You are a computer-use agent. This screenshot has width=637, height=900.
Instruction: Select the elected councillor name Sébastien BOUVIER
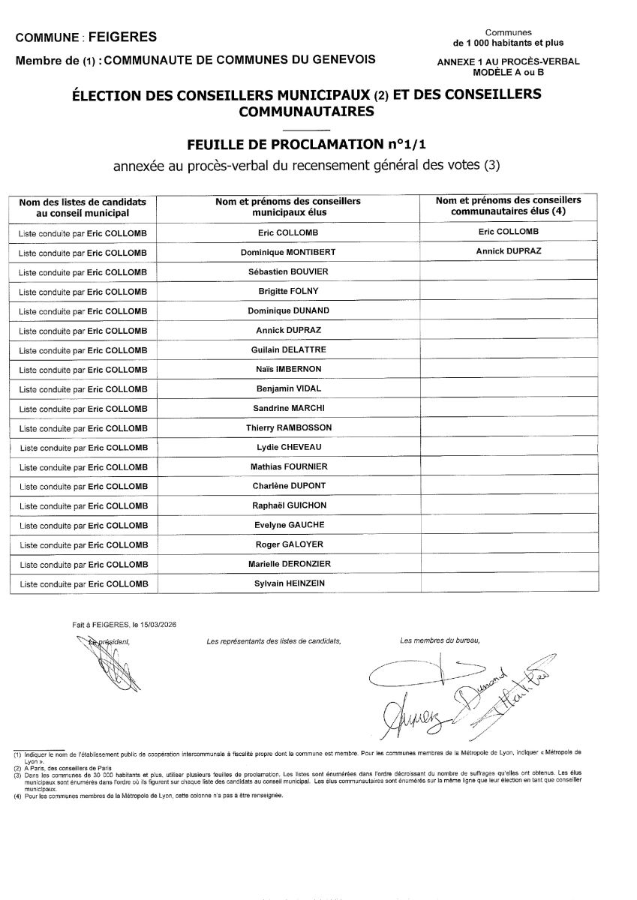pyautogui.click(x=287, y=271)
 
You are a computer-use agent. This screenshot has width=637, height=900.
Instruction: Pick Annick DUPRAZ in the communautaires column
pyautogui.click(x=508, y=251)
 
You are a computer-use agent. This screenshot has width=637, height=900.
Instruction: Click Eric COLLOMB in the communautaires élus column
pyautogui.click(x=508, y=232)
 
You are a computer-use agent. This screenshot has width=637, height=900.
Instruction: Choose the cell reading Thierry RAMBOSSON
pyautogui.click(x=288, y=427)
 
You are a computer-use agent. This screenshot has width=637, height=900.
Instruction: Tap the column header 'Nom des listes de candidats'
pyautogui.click(x=83, y=202)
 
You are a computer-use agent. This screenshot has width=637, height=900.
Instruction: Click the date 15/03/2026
pyautogui.click(x=155, y=624)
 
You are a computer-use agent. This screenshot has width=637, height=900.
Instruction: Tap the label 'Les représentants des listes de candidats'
pyautogui.click(x=273, y=641)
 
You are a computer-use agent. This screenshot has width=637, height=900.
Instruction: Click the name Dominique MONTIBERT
pyautogui.click(x=287, y=251)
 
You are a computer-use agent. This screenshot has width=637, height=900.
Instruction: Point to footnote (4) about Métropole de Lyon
pyautogui.click(x=150, y=796)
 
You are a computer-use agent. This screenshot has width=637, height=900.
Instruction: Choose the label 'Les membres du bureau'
pyautogui.click(x=440, y=640)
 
